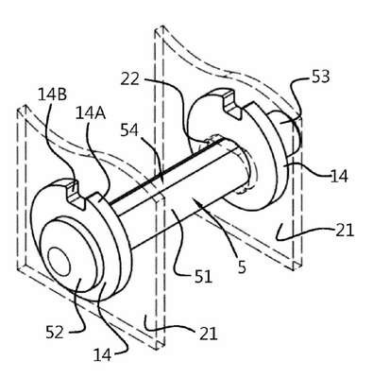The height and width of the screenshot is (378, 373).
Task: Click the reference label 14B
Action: coord(52,94)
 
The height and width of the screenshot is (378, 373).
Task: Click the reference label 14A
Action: coord(91,113)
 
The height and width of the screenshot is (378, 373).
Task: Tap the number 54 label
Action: coord(129,130)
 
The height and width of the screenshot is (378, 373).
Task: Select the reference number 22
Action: coord(129,78)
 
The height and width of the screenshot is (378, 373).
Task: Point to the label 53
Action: coord(320,77)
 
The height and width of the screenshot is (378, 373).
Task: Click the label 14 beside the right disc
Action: coord(339,176)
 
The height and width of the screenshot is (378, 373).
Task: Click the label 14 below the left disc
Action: coord(102,354)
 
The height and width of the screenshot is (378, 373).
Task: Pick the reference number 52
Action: coord(55,333)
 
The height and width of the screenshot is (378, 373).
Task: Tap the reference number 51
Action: coord(203,276)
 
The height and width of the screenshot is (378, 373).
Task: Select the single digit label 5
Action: coord(242,266)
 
